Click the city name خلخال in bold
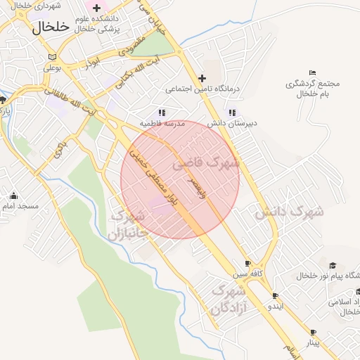pyautogui.click(x=52, y=27)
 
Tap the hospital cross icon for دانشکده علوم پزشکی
pyautogui.click(x=97, y=7)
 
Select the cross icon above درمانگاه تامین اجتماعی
pyautogui.click(x=202, y=78)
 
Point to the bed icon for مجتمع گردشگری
pyautogui.click(x=313, y=73)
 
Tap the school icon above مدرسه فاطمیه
pyautogui.click(x=162, y=112)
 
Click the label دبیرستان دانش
pyautogui.click(x=232, y=123)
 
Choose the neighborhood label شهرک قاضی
pyautogui.click(x=214, y=163)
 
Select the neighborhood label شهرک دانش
pyautogui.click(x=288, y=211)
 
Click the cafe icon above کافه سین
pyautogui.click(x=247, y=263)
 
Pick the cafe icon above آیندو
pyautogui.click(x=275, y=296)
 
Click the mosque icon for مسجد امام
pyautogui.click(x=13, y=195)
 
